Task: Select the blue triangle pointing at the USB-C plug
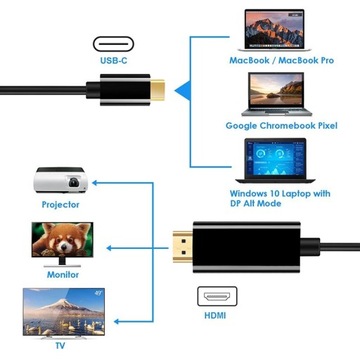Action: [180, 93]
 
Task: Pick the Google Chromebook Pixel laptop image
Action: [278, 93]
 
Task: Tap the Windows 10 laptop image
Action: [277, 160]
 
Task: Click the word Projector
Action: [61, 205]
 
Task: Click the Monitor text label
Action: [61, 273]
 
